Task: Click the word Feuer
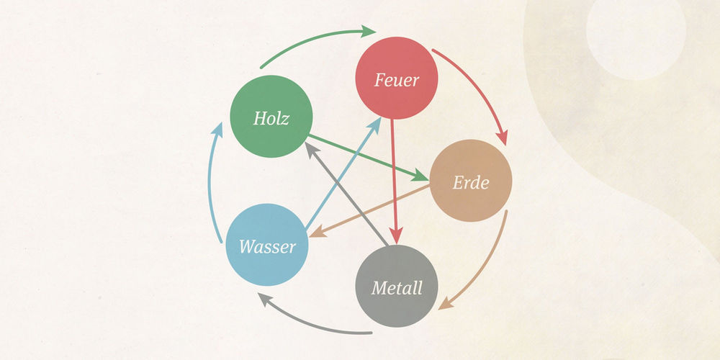397,79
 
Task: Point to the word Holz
271,118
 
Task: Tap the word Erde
471,183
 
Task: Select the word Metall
397,289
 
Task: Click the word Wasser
267,247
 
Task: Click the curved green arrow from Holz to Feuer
317,40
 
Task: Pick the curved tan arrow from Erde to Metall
490,266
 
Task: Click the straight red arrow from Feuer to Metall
394,180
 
